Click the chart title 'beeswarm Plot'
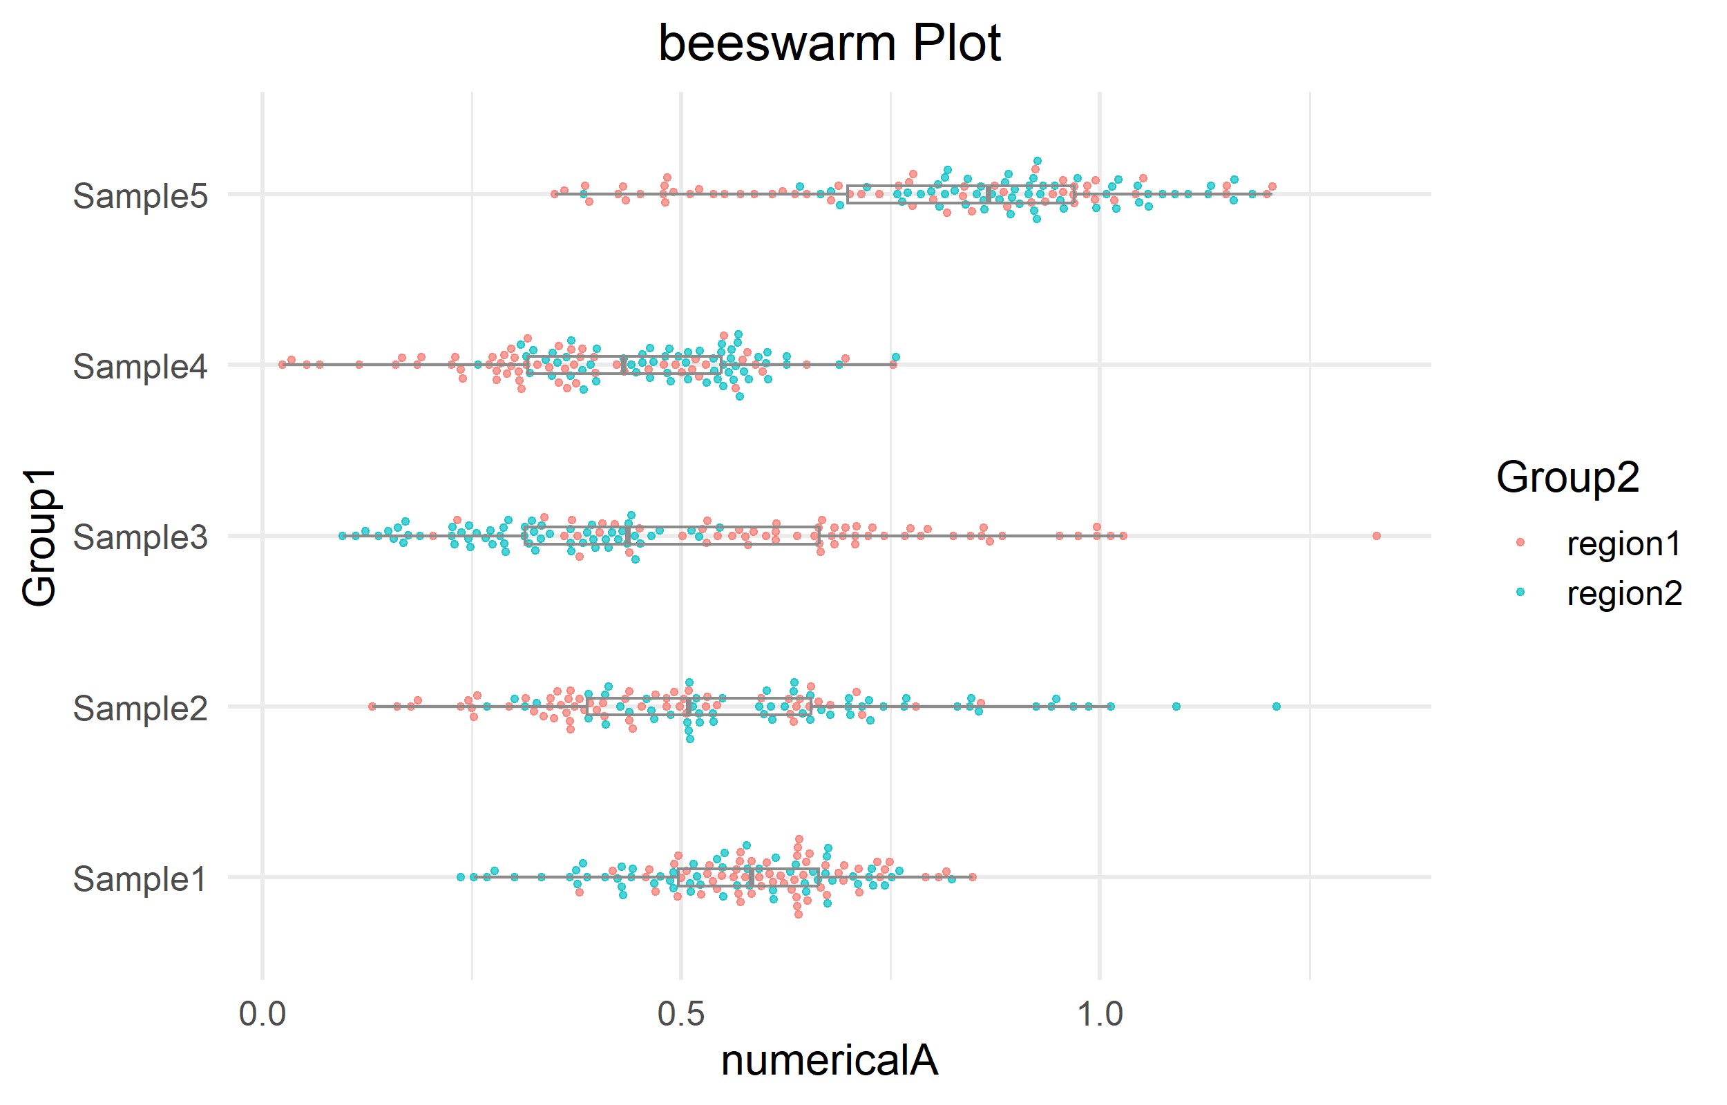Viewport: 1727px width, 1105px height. click(x=829, y=44)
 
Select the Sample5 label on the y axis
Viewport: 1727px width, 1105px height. click(x=141, y=196)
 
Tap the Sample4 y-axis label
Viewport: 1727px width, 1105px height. click(x=141, y=367)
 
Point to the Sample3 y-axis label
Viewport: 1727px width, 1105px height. click(x=141, y=537)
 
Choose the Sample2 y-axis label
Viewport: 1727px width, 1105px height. click(x=141, y=708)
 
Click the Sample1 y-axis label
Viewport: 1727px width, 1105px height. click(x=141, y=879)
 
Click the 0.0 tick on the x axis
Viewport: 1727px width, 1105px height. click(x=262, y=1015)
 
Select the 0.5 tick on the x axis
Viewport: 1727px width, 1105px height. click(x=681, y=1015)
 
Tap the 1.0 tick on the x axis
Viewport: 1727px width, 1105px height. click(x=1100, y=1015)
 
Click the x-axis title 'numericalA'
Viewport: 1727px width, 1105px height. click(x=829, y=1061)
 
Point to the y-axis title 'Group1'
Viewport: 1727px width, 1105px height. click(x=39, y=537)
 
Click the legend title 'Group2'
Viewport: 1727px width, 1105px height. click(x=1567, y=477)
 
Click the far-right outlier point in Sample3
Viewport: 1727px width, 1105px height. click(x=1376, y=536)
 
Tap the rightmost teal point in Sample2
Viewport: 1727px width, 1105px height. click(x=1277, y=707)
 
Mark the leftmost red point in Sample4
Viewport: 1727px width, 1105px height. click(x=282, y=365)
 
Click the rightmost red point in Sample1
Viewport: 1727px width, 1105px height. click(x=972, y=877)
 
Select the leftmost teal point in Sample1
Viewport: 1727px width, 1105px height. click(x=461, y=877)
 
